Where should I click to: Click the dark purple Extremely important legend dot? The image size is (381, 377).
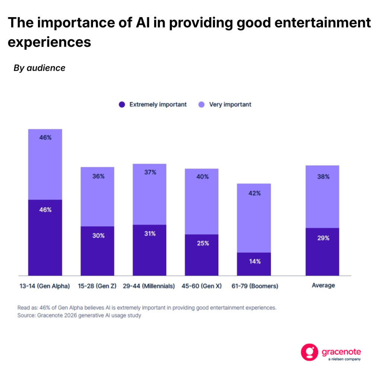[x=122, y=105]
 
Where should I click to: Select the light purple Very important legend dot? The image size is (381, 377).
[x=201, y=105]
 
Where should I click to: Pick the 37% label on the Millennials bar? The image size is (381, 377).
[x=150, y=172]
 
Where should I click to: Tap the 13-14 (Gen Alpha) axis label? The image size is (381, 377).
[x=44, y=286]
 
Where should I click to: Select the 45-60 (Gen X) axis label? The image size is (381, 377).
[x=202, y=286]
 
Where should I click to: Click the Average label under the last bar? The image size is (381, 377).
[x=323, y=285]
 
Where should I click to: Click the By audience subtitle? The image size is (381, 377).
[x=39, y=68]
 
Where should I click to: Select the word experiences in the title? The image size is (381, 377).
[x=49, y=42]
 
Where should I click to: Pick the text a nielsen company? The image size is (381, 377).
[x=344, y=360]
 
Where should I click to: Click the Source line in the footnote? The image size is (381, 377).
[x=79, y=316]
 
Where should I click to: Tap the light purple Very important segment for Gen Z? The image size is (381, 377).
[x=97, y=197]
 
